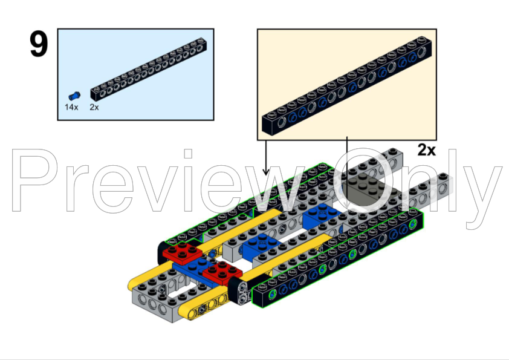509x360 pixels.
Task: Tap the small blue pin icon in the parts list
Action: coord(74,96)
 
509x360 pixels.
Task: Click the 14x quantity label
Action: coord(71,107)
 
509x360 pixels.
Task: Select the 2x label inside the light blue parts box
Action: coord(94,107)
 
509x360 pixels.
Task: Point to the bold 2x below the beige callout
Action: coord(426,150)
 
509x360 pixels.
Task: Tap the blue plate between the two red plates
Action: coord(196,268)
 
